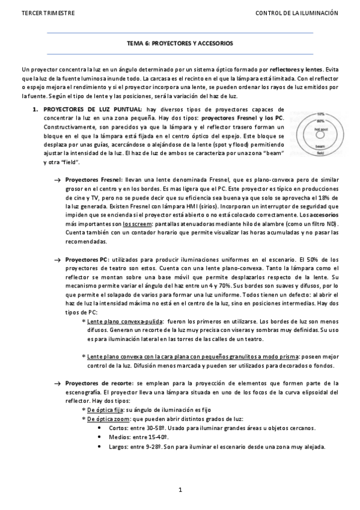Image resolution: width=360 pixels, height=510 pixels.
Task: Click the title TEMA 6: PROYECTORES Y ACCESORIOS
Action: coord(180,45)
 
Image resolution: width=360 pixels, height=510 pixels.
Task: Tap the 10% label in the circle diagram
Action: coord(320,114)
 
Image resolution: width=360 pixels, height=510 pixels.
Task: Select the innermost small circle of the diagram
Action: coord(320,134)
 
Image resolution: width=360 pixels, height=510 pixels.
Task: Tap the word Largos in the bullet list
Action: coord(120,447)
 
